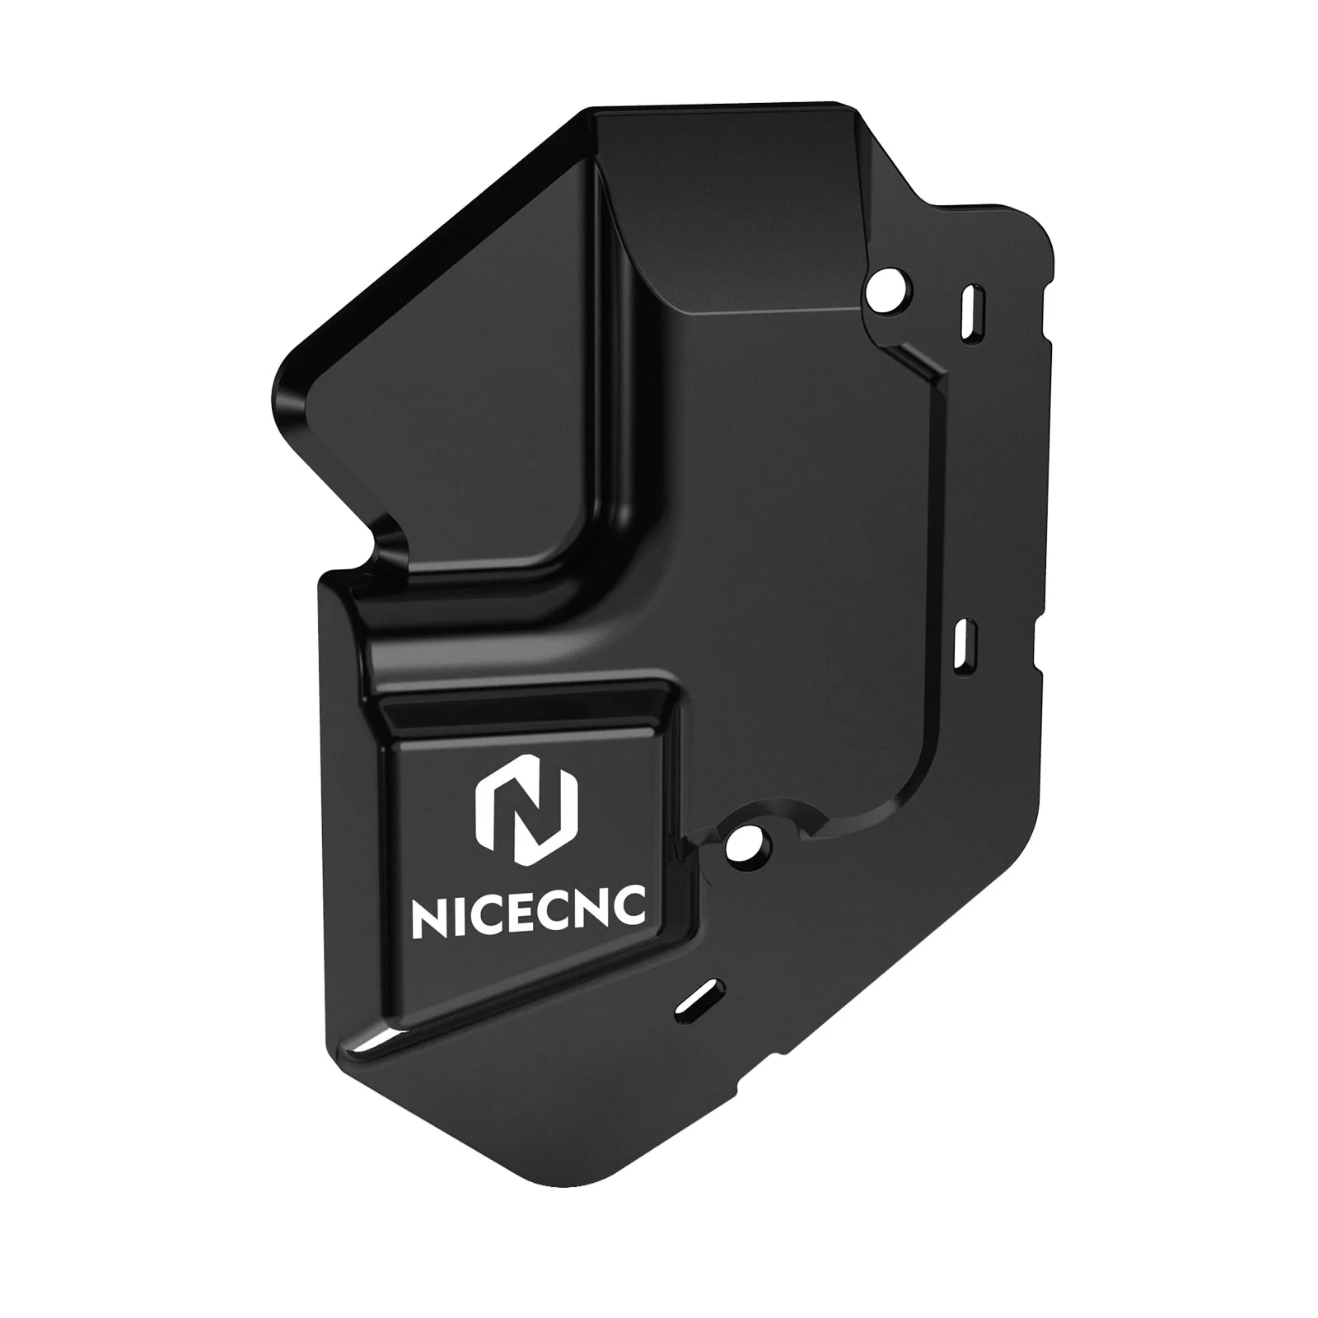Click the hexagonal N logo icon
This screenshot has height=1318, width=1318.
(x=527, y=811)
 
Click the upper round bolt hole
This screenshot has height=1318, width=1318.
(x=888, y=291)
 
